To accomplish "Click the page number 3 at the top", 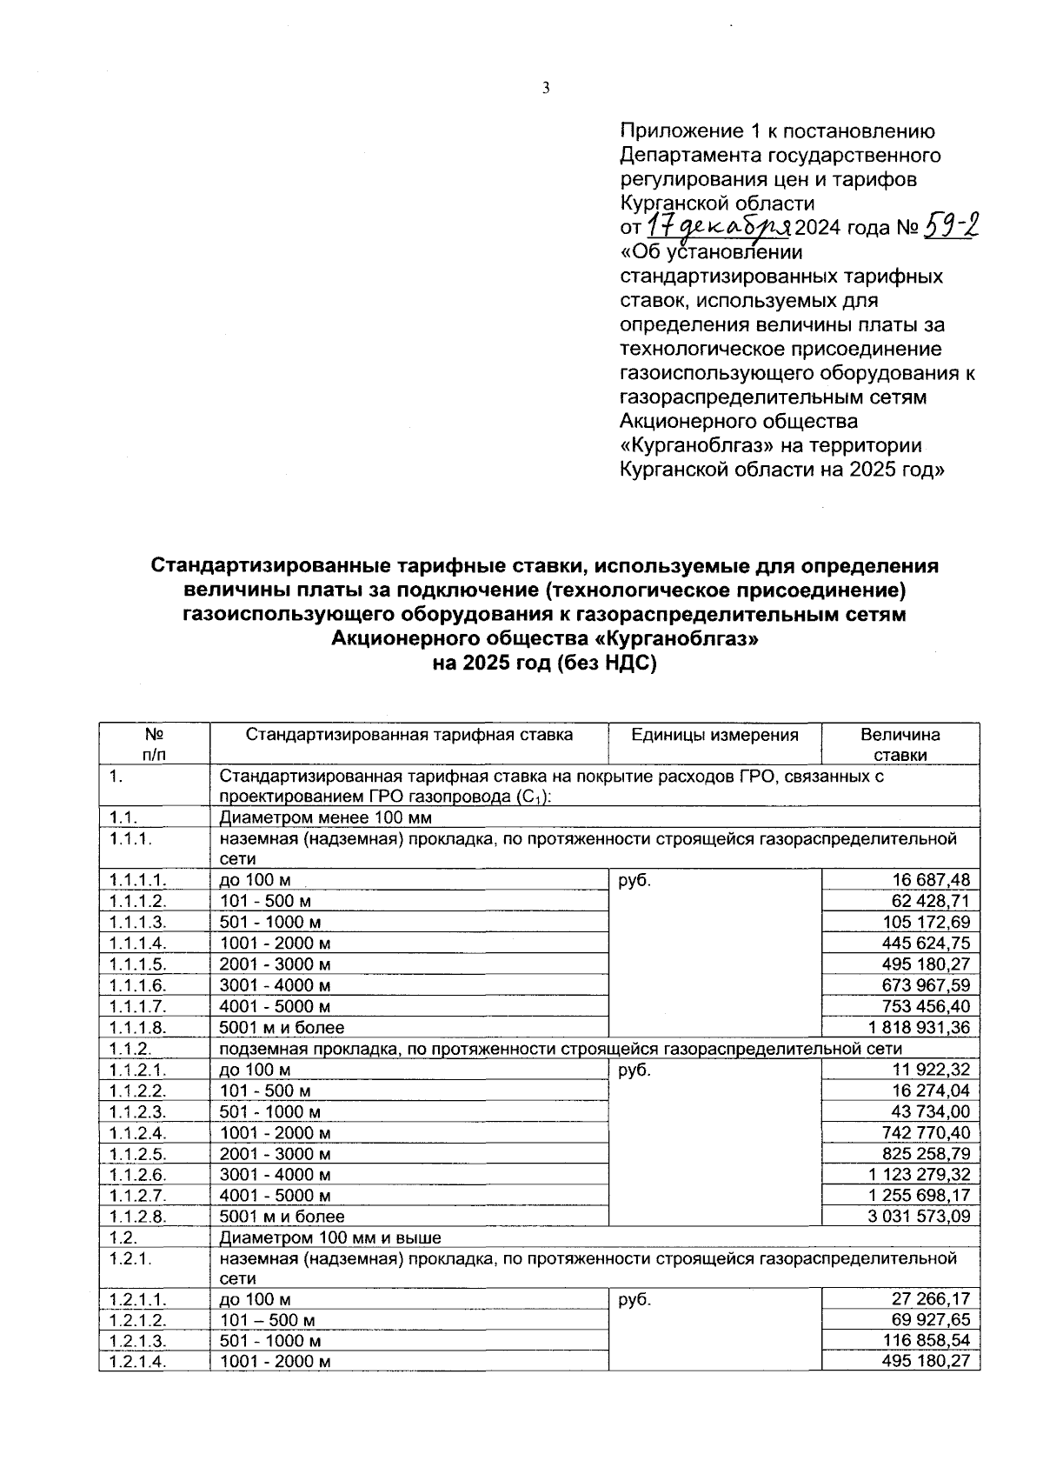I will tap(546, 88).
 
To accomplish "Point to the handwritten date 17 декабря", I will tap(718, 227).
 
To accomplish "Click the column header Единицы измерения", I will tap(714, 735).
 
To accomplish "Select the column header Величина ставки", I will tap(900, 744).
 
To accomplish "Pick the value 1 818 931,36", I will tap(919, 1027).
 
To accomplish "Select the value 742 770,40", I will tap(924, 1132).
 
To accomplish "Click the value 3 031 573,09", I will tap(919, 1217).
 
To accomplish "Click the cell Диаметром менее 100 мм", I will tap(325, 817).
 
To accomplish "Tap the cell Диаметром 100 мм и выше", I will tap(330, 1237).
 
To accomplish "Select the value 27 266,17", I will tap(929, 1299).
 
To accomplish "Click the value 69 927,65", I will tap(929, 1320).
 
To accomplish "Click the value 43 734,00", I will tap(929, 1111).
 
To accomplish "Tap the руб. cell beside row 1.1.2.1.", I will tap(634, 1070).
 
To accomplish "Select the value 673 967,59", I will tap(924, 985).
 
